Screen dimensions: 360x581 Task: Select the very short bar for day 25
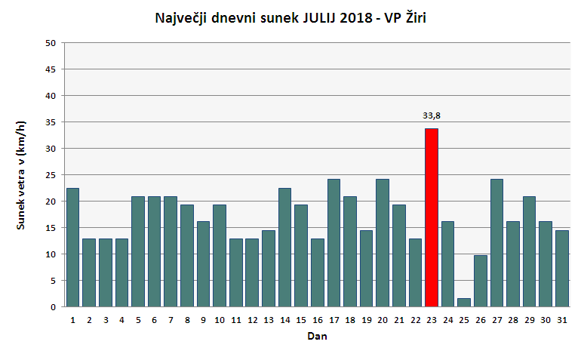[464, 302]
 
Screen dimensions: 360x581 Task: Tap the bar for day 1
[73, 247]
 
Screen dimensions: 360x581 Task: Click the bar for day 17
[334, 242]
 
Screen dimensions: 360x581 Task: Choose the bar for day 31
[562, 268]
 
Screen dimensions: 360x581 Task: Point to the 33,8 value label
[432, 115]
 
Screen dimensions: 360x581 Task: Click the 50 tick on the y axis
[51, 43]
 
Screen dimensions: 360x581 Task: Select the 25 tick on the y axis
[51, 175]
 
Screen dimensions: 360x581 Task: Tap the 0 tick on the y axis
[54, 307]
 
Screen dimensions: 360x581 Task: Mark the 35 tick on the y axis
[51, 122]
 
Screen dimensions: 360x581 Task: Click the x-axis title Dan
[317, 337]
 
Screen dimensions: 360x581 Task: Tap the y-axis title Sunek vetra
[23, 175]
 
